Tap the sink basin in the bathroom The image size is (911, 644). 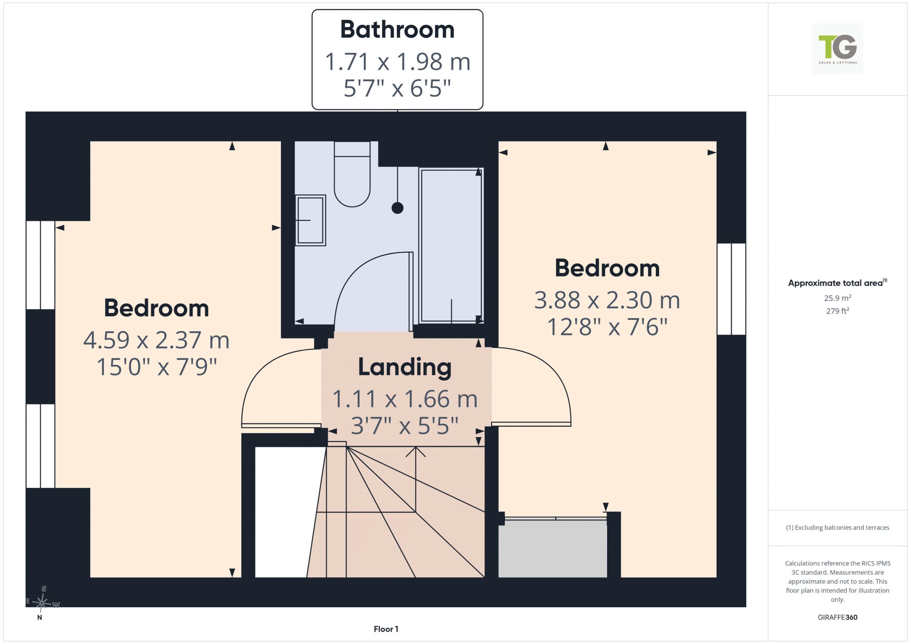pos(311,220)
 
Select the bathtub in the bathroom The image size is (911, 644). pos(451,245)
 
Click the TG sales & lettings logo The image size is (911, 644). pos(838,49)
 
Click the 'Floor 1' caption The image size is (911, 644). pos(386,629)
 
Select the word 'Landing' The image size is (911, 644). pos(405,367)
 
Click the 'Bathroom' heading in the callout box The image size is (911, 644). pos(397,30)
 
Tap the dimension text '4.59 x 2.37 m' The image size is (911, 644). pos(156,340)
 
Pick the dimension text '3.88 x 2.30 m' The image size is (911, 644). pos(607,300)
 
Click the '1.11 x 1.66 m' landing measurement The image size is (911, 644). pos(405,399)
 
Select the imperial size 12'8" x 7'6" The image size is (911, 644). pos(607,327)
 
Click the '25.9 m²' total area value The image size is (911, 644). pos(838,298)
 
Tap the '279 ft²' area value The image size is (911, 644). pos(838,311)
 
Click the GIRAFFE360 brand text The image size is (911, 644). pos(838,617)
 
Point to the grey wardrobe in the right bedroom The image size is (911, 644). pos(553,549)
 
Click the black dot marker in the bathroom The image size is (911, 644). pos(397,208)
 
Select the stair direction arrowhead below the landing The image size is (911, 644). pos(415,452)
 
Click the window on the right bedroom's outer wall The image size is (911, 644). pos(732,289)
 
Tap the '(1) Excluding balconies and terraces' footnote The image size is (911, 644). pos(838,527)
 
